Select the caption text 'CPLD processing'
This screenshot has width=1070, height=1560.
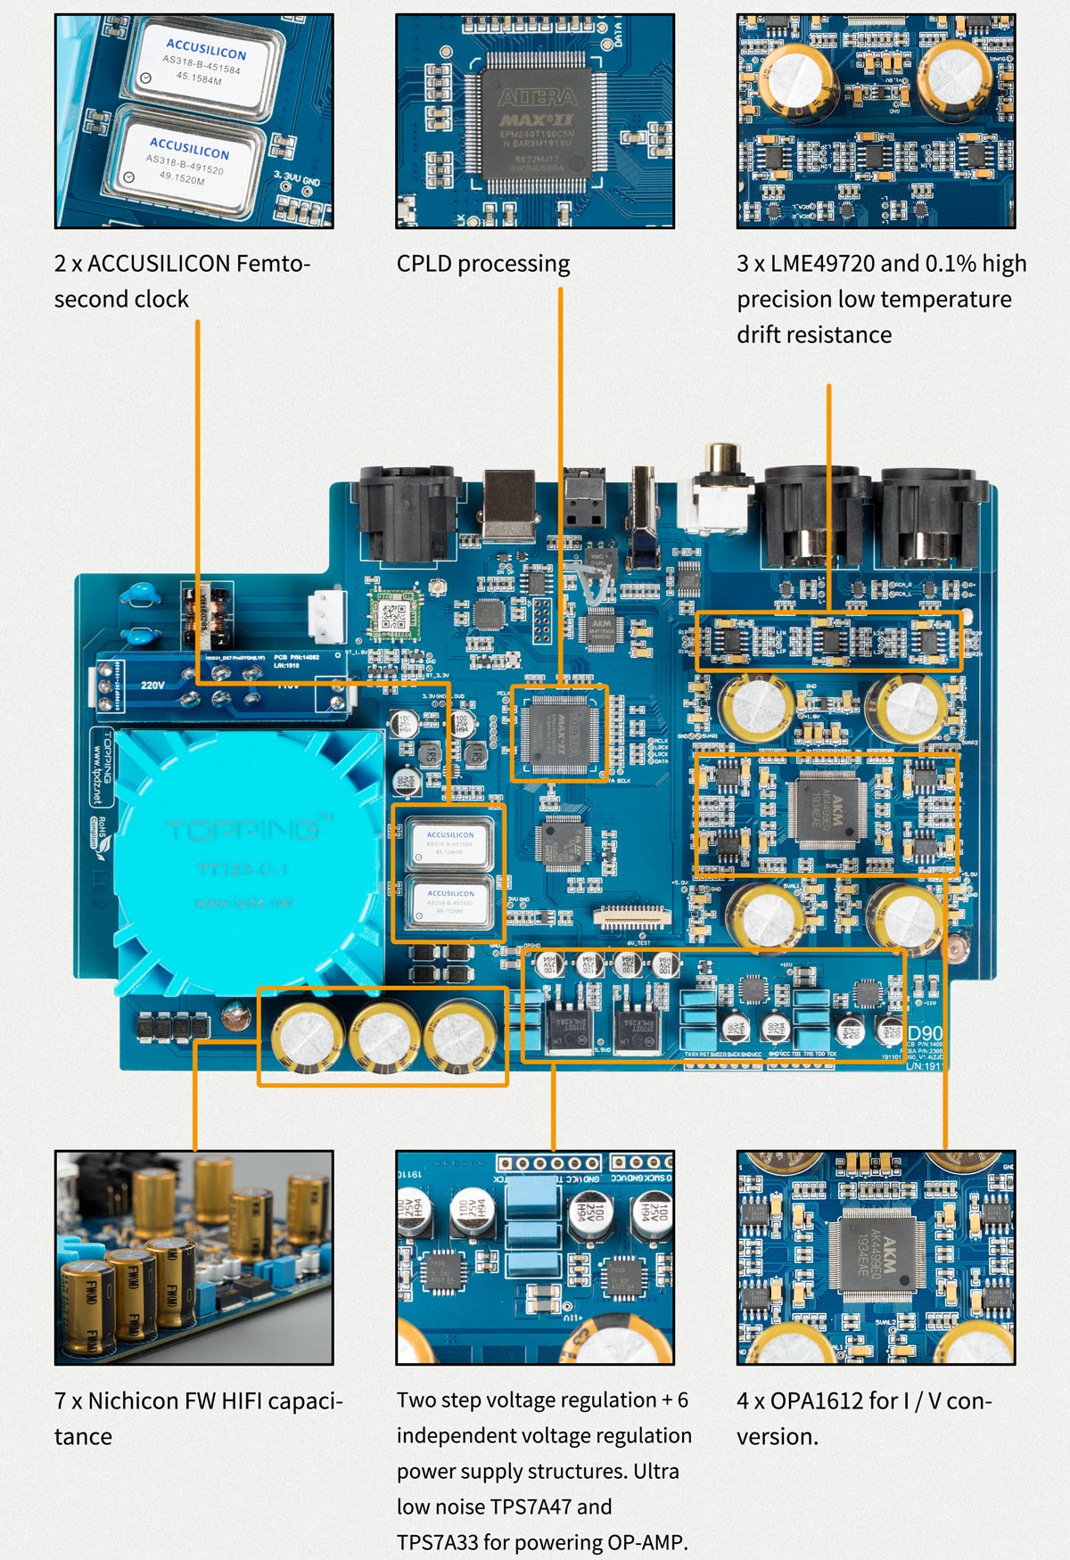(482, 264)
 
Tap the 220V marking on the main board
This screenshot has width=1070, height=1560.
(152, 686)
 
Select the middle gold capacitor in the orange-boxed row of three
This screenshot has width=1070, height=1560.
(383, 1035)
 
